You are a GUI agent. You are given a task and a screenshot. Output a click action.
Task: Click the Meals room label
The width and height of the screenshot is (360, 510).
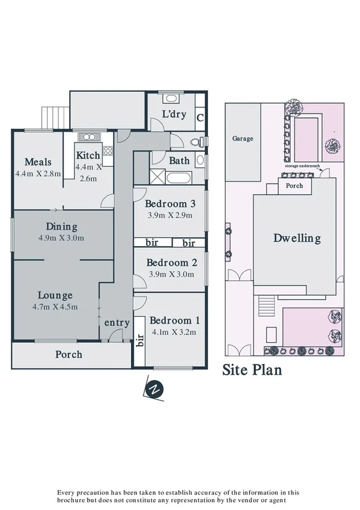point(38,162)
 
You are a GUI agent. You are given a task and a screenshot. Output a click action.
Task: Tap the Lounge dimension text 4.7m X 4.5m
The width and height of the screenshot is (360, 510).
point(55,307)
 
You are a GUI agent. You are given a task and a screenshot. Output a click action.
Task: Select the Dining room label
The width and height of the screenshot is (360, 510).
point(62,227)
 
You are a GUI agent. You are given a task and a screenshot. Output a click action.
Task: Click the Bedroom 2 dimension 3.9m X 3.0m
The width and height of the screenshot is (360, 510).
point(171,274)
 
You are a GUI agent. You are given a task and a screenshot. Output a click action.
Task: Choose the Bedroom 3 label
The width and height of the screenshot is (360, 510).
point(171,203)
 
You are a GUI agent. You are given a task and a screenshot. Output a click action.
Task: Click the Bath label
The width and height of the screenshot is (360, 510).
point(179,161)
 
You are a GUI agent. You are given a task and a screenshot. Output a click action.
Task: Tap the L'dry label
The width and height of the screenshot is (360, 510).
point(175,115)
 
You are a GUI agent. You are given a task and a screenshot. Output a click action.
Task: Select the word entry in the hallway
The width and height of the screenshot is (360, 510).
point(117,323)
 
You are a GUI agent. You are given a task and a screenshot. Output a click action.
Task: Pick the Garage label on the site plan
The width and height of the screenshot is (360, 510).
point(243,138)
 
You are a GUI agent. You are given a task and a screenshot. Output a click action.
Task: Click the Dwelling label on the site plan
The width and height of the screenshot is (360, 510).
point(297,238)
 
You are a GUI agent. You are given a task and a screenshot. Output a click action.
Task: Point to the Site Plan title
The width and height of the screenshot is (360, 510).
point(252,369)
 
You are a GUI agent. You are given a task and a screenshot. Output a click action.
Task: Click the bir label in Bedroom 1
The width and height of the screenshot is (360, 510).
point(139,340)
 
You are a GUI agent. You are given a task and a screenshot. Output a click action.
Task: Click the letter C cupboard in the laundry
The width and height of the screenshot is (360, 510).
point(200,117)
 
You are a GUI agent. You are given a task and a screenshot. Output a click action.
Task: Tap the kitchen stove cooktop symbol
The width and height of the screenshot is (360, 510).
point(108,151)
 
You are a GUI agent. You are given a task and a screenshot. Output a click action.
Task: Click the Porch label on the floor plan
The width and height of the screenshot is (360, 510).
point(69,354)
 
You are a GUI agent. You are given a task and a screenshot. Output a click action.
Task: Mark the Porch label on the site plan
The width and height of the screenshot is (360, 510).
point(294,186)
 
